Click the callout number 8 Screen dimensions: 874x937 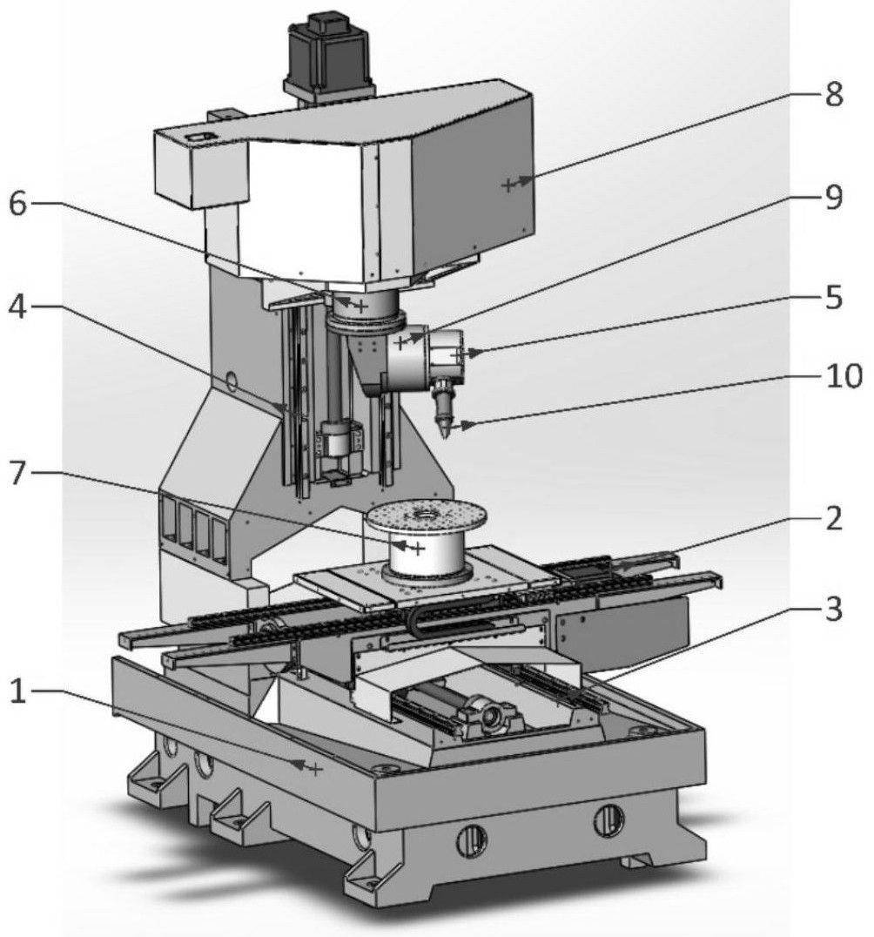click(x=834, y=95)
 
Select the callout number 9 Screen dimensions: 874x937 click(x=834, y=196)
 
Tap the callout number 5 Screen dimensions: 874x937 click(x=834, y=297)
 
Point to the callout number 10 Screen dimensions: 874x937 click(x=844, y=376)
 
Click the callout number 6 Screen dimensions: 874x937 click(x=18, y=204)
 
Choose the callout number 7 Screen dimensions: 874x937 click(x=18, y=473)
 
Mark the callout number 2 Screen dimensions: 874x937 click(x=834, y=518)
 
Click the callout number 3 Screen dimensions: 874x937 click(x=834, y=609)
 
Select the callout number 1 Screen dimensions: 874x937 click(x=18, y=692)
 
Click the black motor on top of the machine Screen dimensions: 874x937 click(x=328, y=50)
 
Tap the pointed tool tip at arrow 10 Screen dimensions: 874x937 click(x=445, y=437)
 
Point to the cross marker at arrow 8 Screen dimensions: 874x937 click(x=508, y=185)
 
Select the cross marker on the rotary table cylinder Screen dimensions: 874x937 click(x=419, y=548)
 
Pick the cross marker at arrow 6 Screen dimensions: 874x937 click(x=361, y=307)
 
